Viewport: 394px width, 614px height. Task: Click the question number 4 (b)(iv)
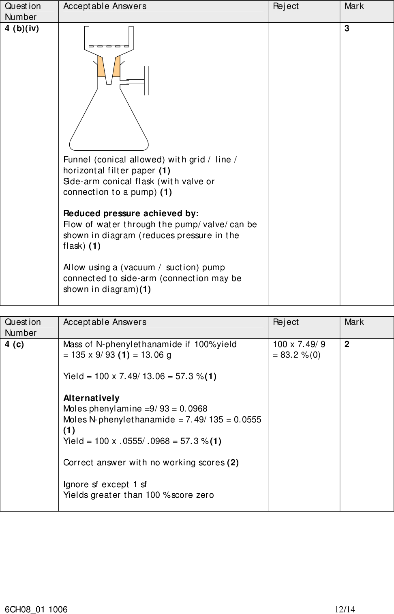click(22, 29)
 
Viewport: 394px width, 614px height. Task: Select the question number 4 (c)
click(15, 345)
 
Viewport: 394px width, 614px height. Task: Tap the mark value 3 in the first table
click(347, 29)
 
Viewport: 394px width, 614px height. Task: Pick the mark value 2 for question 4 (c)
click(347, 345)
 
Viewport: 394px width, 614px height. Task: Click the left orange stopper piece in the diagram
click(101, 67)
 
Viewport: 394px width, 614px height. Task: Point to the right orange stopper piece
click(117, 67)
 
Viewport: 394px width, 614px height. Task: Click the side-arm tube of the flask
click(134, 81)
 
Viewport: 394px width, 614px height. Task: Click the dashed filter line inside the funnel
click(109, 47)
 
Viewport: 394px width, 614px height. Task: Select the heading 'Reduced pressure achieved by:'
click(131, 213)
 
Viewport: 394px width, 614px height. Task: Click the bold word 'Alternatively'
click(91, 398)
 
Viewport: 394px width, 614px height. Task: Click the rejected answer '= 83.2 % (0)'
click(297, 355)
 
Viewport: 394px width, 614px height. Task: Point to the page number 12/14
click(345, 609)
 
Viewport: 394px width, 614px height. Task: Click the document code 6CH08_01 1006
click(36, 609)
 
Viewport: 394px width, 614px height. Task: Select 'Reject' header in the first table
click(286, 6)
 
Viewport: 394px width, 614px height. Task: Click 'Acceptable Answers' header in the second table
click(105, 322)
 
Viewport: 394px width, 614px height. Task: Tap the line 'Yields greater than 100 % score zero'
click(139, 495)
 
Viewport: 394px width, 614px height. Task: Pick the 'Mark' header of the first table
click(354, 6)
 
